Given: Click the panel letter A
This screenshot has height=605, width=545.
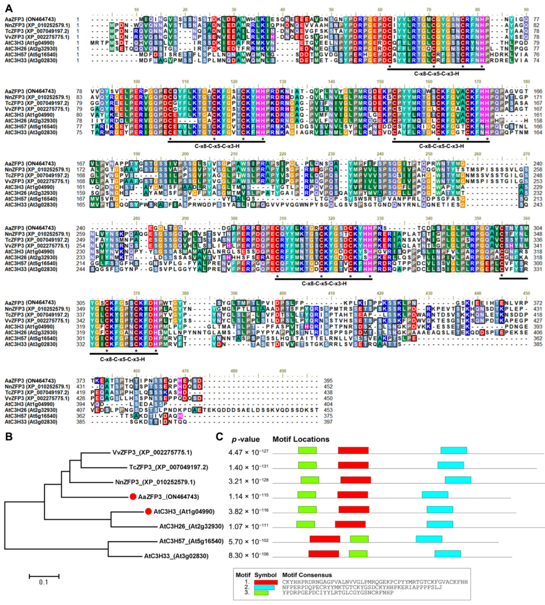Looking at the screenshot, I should click(9, 8).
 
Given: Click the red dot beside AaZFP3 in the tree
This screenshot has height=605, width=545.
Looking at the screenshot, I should click(133, 497).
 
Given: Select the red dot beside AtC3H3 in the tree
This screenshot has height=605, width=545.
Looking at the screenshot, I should click(148, 511).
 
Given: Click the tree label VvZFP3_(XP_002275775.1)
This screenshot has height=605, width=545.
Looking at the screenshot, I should click(152, 452).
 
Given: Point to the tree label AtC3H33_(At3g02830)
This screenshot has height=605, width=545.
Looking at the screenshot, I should click(176, 556).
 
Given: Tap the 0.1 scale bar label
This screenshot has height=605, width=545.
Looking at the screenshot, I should click(44, 582).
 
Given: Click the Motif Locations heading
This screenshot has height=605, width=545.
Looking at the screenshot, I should click(301, 439).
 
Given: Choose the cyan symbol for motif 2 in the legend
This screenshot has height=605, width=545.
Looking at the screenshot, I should click(264, 587).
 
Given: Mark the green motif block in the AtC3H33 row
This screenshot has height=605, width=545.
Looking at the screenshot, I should click(358, 554).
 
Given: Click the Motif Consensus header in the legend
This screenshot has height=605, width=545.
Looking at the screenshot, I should click(307, 575).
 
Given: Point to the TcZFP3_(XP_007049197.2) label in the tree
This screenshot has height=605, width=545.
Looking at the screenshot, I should click(168, 467).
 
